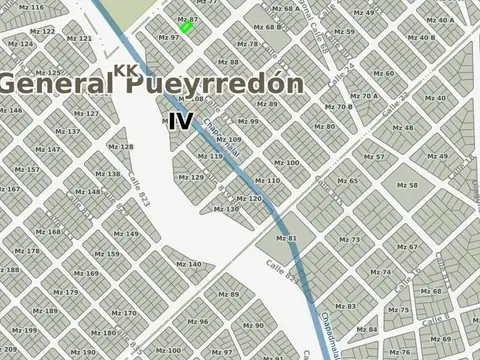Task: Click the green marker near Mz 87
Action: (x=185, y=27)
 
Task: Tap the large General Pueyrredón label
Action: (x=150, y=84)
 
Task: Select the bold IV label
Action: (x=180, y=122)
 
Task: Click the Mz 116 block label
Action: (x=31, y=7)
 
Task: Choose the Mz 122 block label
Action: (x=45, y=32)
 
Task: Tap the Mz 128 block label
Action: (x=120, y=147)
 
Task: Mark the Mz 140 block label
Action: (x=189, y=265)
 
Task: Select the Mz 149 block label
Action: (x=125, y=234)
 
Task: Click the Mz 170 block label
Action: (x=124, y=313)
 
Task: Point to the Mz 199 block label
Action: (x=24, y=330)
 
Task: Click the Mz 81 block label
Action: (x=286, y=238)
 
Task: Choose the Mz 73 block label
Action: (x=350, y=240)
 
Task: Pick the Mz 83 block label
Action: (x=345, y=306)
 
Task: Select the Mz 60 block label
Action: (x=383, y=74)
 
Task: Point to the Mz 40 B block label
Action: (x=420, y=38)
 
